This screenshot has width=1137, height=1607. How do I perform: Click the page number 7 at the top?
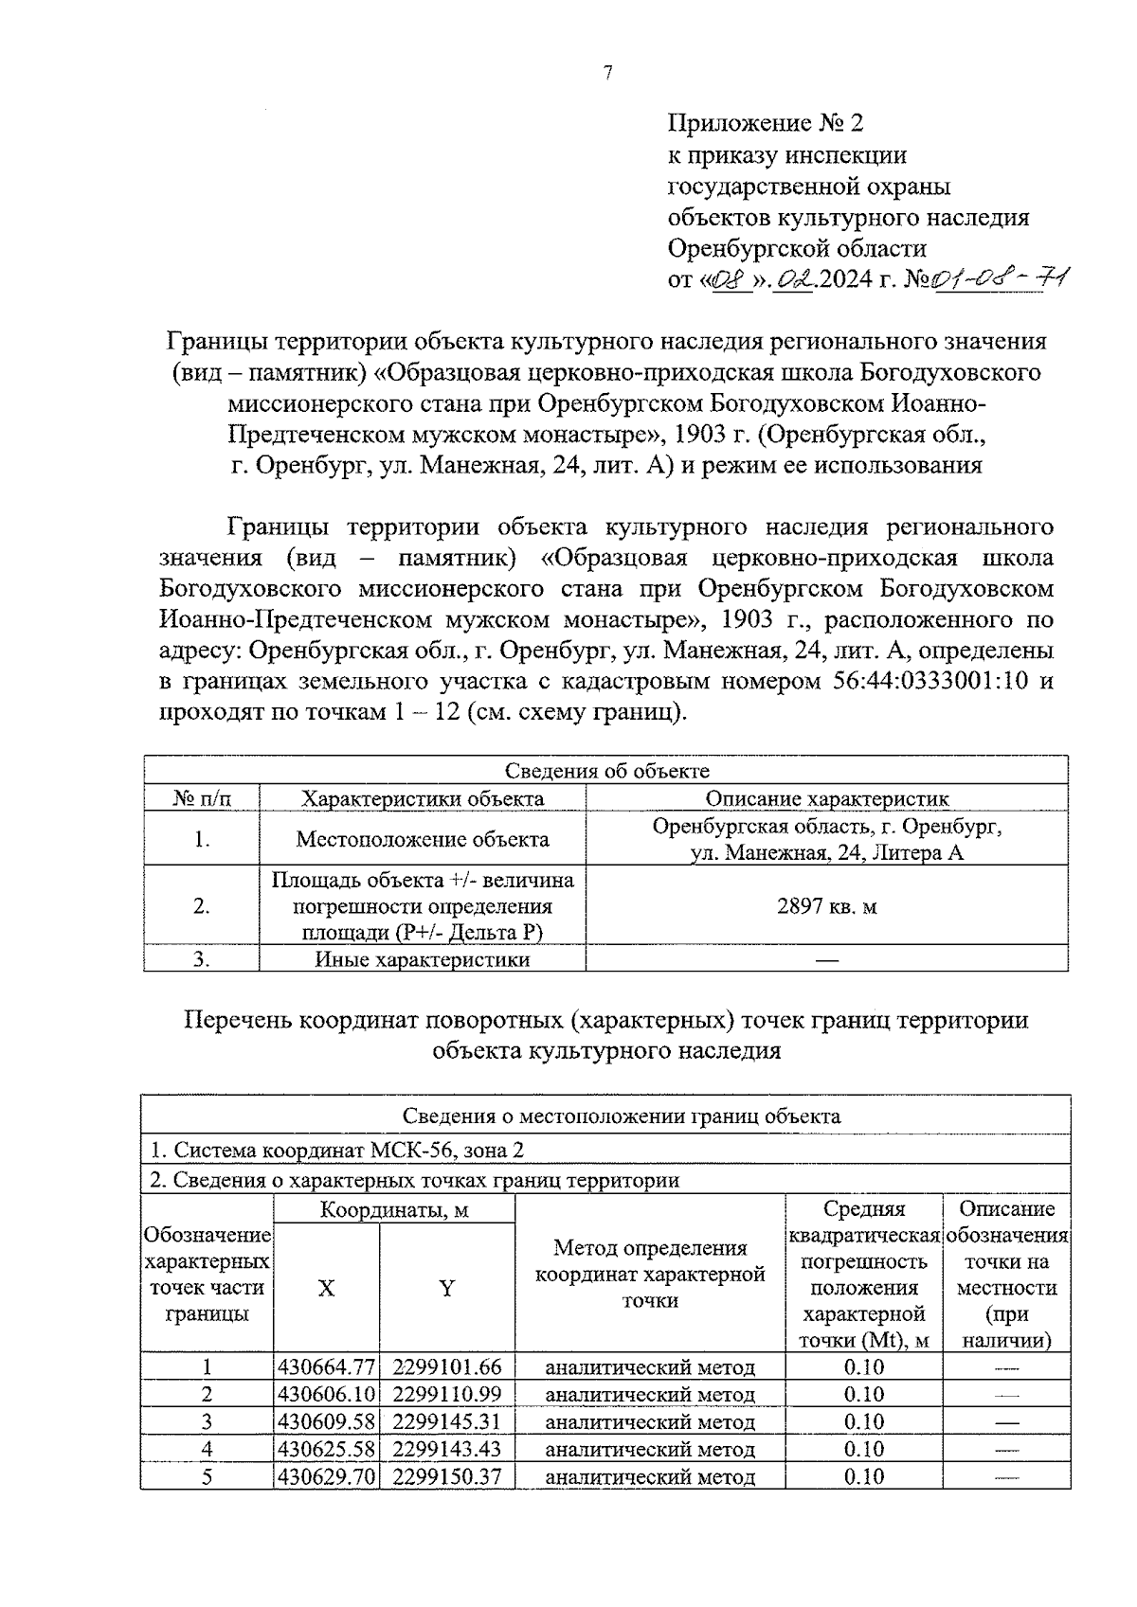(x=606, y=74)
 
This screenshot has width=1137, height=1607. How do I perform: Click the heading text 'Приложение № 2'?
(x=766, y=124)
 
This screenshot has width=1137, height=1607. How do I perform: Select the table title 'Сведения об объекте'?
(x=606, y=771)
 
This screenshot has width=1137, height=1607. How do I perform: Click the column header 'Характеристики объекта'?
(x=423, y=798)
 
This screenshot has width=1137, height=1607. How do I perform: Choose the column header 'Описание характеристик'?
(x=827, y=798)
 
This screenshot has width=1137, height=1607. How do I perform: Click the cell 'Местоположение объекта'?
(x=423, y=839)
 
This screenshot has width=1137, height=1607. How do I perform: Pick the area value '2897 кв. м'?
(x=827, y=906)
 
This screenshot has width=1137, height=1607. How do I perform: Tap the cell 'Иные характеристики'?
(x=423, y=959)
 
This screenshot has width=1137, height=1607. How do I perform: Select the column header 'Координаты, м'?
(x=394, y=1209)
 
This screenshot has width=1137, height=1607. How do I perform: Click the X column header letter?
(x=326, y=1288)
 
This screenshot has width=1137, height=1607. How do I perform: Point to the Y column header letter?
(x=446, y=1288)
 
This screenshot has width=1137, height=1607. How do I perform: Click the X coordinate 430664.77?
(x=327, y=1367)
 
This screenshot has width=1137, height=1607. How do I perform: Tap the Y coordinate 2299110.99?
(x=446, y=1395)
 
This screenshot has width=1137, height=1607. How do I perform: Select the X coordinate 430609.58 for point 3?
(x=327, y=1422)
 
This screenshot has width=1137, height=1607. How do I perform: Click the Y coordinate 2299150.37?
(x=446, y=1476)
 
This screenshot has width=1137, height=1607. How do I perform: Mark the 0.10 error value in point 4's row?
(x=863, y=1449)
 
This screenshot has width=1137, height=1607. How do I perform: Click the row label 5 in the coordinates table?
(x=207, y=1476)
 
